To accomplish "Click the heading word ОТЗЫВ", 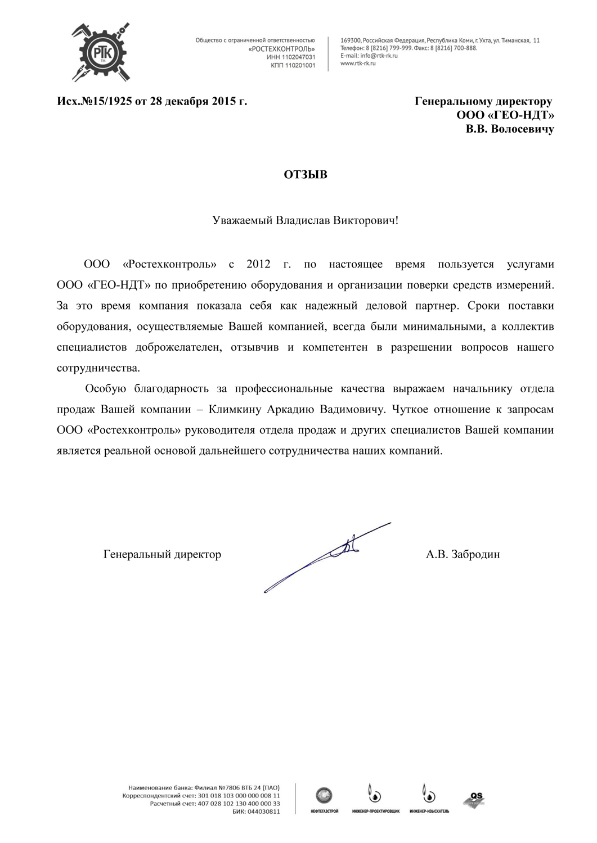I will click(x=305, y=174).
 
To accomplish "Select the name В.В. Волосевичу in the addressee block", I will click(x=510, y=129).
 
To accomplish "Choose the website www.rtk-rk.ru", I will click(x=358, y=64).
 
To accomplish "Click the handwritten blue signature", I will click(x=332, y=556).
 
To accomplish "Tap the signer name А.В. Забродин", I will click(x=463, y=555).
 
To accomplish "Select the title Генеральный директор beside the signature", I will click(x=162, y=555).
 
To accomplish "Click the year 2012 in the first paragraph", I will click(x=258, y=264).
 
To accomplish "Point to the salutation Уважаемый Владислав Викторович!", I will click(x=305, y=220).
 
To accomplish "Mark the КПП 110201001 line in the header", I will click(x=293, y=66).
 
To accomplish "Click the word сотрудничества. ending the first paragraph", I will click(x=98, y=368).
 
